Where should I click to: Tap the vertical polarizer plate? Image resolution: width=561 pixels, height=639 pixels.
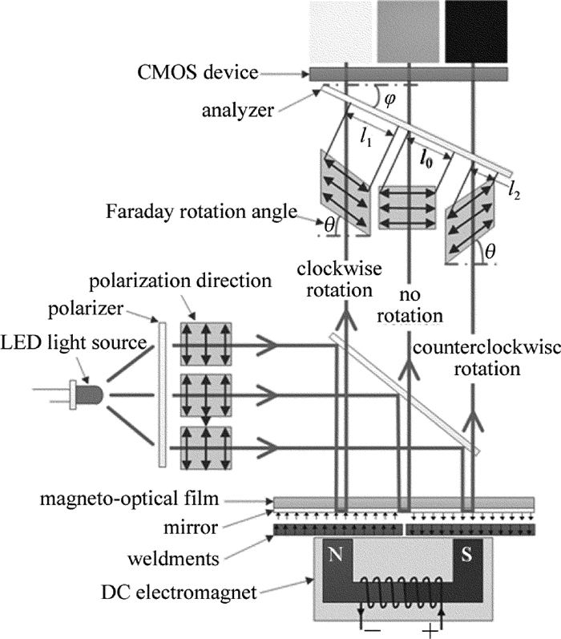[x=163, y=393]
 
